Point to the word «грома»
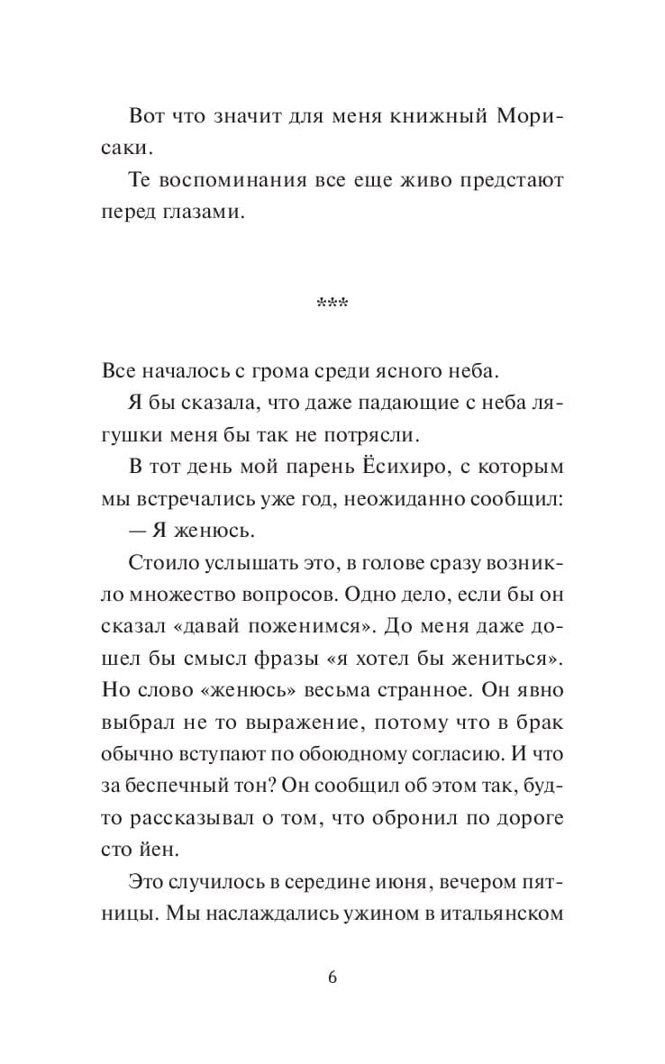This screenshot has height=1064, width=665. [264, 370]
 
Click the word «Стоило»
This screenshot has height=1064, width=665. [159, 566]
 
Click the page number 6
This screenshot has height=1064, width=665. [332, 978]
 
